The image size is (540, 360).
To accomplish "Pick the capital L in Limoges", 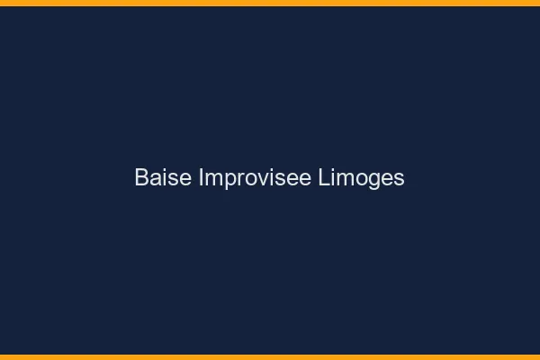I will point(325,178).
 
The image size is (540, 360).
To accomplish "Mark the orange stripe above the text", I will point(270,3).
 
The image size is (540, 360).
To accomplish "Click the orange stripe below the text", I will point(270,356).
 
